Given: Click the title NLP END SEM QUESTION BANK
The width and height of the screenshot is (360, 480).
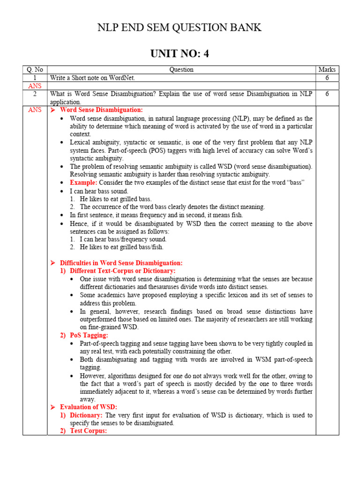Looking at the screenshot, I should (x=180, y=28).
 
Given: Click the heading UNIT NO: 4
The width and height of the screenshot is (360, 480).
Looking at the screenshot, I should (x=180, y=54).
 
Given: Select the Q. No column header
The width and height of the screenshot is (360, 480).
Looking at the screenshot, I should (x=35, y=69).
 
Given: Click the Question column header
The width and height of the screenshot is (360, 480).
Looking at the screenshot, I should (x=181, y=69).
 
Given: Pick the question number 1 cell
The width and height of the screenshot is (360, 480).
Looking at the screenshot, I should (x=35, y=78).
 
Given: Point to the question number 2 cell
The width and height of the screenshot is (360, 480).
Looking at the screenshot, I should (x=35, y=94).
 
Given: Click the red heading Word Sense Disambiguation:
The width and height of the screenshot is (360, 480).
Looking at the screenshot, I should (x=101, y=110).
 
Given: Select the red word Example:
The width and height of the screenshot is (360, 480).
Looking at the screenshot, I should (x=83, y=182).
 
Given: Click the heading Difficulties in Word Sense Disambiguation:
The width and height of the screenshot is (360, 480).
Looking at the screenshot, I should (x=121, y=263).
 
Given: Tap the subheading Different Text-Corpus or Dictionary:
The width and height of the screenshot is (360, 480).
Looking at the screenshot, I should (x=122, y=271).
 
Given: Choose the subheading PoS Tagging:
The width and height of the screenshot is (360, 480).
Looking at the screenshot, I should (x=89, y=335).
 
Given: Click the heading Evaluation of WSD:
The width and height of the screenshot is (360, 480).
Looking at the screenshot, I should (x=89, y=407).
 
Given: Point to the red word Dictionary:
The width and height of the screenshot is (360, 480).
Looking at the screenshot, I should (x=86, y=415).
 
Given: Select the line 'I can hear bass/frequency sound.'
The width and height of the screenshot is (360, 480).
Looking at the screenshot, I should (x=123, y=239).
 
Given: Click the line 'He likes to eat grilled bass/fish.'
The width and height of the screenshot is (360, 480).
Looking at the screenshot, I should (x=121, y=247).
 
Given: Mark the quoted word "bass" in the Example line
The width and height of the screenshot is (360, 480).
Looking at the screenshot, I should (x=296, y=182).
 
